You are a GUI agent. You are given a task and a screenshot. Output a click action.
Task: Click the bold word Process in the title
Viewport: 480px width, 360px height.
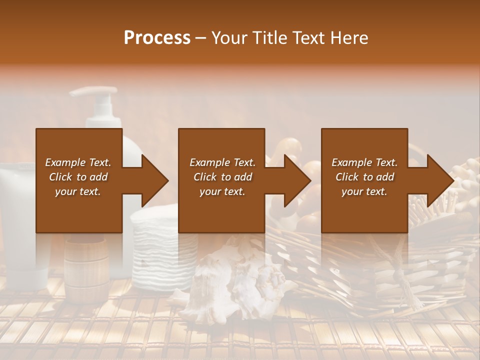click(157, 37)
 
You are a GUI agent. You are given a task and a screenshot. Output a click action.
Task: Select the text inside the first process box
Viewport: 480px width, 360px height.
click(78, 177)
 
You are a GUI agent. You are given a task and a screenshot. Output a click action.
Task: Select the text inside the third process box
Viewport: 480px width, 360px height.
click(364, 177)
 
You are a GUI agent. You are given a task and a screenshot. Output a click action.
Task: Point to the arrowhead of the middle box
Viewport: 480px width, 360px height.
click(297, 180)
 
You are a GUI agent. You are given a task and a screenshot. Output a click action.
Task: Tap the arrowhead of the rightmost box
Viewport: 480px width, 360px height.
click(440, 180)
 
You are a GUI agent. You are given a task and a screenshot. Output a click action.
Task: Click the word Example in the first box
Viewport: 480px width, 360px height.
click(65, 162)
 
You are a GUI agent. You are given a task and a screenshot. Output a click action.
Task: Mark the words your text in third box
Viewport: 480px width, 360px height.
click(364, 191)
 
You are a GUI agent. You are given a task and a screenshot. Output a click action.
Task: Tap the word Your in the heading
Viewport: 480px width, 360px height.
click(229, 37)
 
